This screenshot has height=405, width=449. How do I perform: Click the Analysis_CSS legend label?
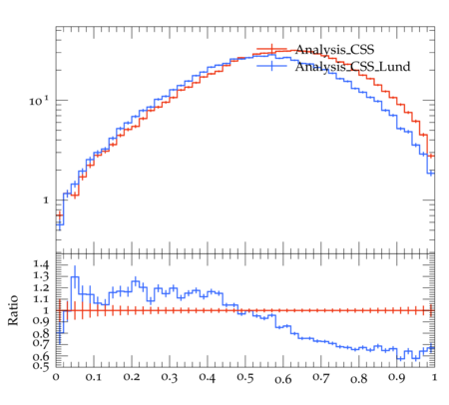[x=334, y=50]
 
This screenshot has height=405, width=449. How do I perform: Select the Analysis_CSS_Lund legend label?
[x=352, y=67]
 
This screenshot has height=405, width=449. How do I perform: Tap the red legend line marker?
[x=271, y=50]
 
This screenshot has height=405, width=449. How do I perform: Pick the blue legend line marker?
[x=271, y=66]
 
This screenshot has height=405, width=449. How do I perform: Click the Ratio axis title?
[x=13, y=310]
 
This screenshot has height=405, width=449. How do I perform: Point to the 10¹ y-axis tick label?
[x=38, y=101]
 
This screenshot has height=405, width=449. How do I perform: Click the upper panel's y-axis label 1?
[x=46, y=201]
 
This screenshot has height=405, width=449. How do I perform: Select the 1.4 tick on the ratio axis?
[x=41, y=265]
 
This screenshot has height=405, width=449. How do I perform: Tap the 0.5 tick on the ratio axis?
[x=41, y=366]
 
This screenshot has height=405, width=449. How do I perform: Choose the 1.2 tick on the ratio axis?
[x=41, y=288]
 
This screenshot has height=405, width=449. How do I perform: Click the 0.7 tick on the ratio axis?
[x=41, y=343]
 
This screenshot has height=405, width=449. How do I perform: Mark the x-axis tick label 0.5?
[x=245, y=378]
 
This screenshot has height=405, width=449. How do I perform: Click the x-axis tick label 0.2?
[x=132, y=377]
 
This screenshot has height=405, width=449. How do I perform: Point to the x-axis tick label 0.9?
[x=397, y=378]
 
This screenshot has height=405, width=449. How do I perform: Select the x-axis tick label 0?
[x=56, y=377]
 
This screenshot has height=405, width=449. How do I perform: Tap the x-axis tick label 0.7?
[x=321, y=378]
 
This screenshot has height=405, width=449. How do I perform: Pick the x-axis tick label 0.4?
[x=208, y=377]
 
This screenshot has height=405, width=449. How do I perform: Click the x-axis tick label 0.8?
[x=359, y=378]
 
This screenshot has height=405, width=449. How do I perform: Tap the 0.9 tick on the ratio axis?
[x=41, y=321]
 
